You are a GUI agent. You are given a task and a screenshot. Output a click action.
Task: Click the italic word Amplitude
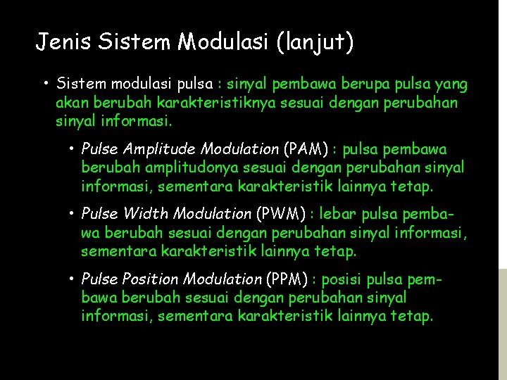click(x=160, y=149)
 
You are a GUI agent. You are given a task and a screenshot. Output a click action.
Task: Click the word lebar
click(x=342, y=214)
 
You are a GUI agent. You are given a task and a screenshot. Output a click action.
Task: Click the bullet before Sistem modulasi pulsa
click(x=45, y=84)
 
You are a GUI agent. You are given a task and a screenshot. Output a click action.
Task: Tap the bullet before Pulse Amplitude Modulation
click(x=73, y=149)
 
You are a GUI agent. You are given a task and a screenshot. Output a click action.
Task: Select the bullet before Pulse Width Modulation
click(x=73, y=214)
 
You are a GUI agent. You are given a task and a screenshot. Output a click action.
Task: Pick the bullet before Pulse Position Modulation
click(x=73, y=279)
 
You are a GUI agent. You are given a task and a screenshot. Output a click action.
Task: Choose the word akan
click(x=70, y=103)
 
